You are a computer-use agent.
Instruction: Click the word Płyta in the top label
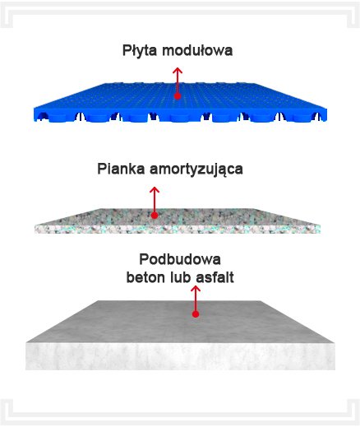[x=140, y=51]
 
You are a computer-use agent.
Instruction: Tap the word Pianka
[x=121, y=169]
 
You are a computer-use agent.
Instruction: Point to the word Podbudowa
[x=180, y=259]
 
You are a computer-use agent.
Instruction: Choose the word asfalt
[x=215, y=277]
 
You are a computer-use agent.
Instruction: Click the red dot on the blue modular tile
[x=178, y=96]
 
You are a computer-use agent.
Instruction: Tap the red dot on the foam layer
[x=155, y=216]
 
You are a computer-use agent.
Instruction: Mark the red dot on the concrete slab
[x=196, y=314]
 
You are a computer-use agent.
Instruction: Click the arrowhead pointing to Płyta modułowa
[x=178, y=70]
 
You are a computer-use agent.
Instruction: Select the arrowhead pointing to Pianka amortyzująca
[x=155, y=190]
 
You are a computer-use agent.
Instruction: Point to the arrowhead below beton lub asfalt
[x=196, y=289]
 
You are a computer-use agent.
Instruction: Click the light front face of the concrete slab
[x=180, y=356]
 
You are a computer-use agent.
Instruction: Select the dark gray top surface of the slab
[x=179, y=322]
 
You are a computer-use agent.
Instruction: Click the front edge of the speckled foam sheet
[x=178, y=230]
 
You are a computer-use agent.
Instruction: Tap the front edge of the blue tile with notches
[x=180, y=115]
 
